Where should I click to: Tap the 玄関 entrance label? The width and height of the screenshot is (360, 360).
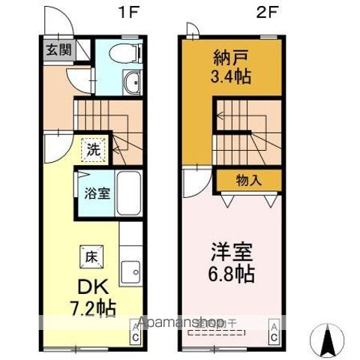[57, 50]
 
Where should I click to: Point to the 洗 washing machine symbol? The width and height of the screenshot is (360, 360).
[92, 148]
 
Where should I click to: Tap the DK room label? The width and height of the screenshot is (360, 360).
[85, 285]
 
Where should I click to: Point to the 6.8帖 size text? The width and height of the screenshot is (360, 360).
[230, 273]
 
